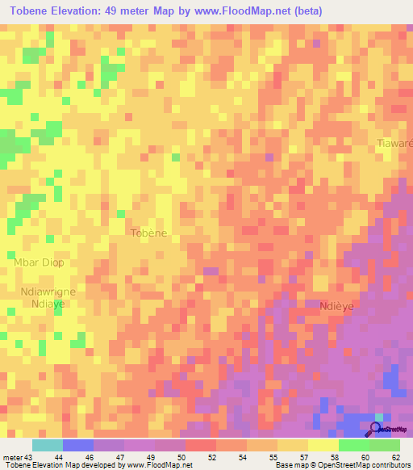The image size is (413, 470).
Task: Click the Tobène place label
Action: [148, 233]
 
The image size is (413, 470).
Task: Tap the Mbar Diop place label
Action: [39, 262]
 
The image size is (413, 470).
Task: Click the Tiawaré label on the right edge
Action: [395, 143]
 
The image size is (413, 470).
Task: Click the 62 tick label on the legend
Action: [394, 456]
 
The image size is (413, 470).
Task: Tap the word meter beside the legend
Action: [13, 456]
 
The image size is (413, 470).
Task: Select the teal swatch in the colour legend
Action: [48, 445]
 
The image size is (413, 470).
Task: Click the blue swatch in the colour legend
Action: [78, 445]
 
